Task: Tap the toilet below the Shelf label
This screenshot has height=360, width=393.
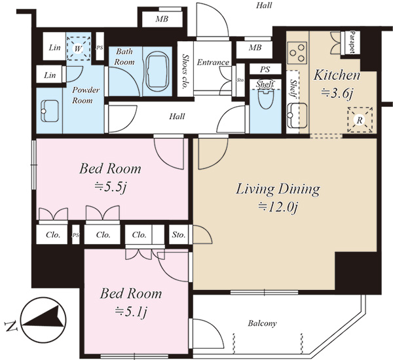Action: coord(266,98)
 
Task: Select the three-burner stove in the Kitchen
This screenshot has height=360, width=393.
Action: coord(297,52)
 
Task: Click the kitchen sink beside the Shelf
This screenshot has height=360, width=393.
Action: coord(297,115)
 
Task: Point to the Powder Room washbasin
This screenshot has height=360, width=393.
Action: coord(49,111)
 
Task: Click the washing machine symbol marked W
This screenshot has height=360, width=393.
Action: coord(78,48)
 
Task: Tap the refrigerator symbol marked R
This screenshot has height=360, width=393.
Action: coord(360,120)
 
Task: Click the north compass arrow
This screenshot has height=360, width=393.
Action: coord(43,320)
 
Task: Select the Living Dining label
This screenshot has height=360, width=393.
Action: coord(278,190)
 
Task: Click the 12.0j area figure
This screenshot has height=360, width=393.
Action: coord(278,207)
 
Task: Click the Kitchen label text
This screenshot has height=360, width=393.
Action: coord(337,75)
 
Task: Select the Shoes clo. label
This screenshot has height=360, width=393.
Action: coord(185,71)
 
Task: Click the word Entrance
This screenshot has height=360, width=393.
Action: coord(213,62)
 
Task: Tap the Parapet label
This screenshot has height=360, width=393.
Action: coord(352,42)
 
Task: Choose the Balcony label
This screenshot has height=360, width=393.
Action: coord(262,323)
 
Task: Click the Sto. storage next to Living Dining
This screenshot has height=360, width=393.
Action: coord(179,235)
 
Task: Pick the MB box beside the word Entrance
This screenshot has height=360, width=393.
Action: coord(254,48)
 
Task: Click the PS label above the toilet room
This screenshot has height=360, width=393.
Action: coord(265,69)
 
